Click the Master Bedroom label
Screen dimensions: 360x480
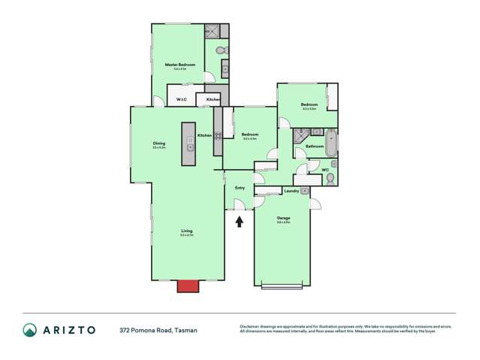pos(180,65)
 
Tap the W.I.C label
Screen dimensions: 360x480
pos(181,99)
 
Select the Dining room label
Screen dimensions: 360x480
pos(158,144)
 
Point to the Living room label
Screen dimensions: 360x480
pos(186,231)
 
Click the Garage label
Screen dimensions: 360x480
pos(283,218)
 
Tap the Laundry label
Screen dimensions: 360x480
pos(291,191)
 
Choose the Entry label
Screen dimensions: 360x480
pos(240,187)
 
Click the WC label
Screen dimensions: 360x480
pos(325,170)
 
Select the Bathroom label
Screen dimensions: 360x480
pos(314,146)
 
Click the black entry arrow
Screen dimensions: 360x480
pos(240,221)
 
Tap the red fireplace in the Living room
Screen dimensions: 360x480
pos(187,286)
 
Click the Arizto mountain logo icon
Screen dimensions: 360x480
pos(29,330)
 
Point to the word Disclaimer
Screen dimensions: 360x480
pos(249,326)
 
